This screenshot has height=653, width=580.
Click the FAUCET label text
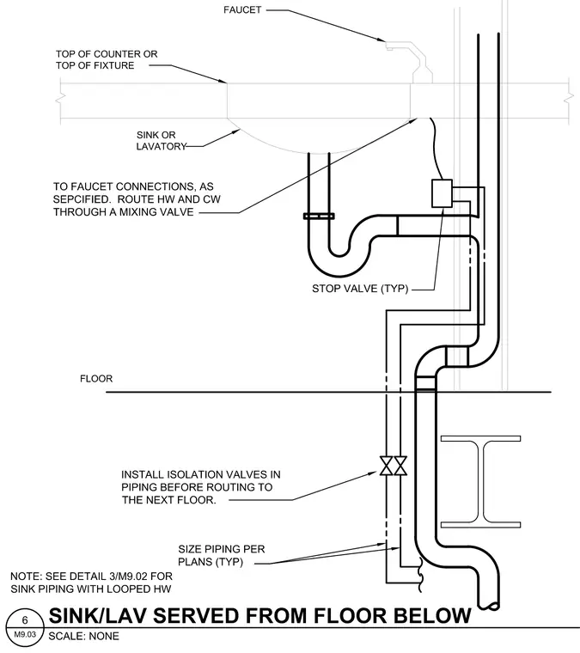click(x=242, y=9)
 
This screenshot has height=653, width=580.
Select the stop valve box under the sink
click(x=442, y=193)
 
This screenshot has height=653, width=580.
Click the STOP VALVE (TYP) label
click(x=360, y=289)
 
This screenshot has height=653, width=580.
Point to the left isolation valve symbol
click(x=386, y=466)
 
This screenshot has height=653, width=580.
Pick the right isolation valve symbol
click(x=400, y=466)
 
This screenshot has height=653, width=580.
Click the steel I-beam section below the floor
click(x=481, y=481)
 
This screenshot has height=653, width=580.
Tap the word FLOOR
click(x=96, y=379)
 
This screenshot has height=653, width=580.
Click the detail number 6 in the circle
click(x=25, y=620)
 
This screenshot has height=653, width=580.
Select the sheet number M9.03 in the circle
click(x=25, y=635)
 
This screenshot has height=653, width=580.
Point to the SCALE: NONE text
click(x=83, y=637)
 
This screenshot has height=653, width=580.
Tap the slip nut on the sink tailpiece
click(x=319, y=217)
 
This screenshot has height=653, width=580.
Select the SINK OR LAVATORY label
click(x=161, y=141)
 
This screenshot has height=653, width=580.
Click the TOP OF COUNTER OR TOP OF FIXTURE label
click(x=107, y=59)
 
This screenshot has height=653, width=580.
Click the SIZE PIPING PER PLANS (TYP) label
click(x=221, y=556)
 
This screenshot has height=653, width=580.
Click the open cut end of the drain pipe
click(x=489, y=606)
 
